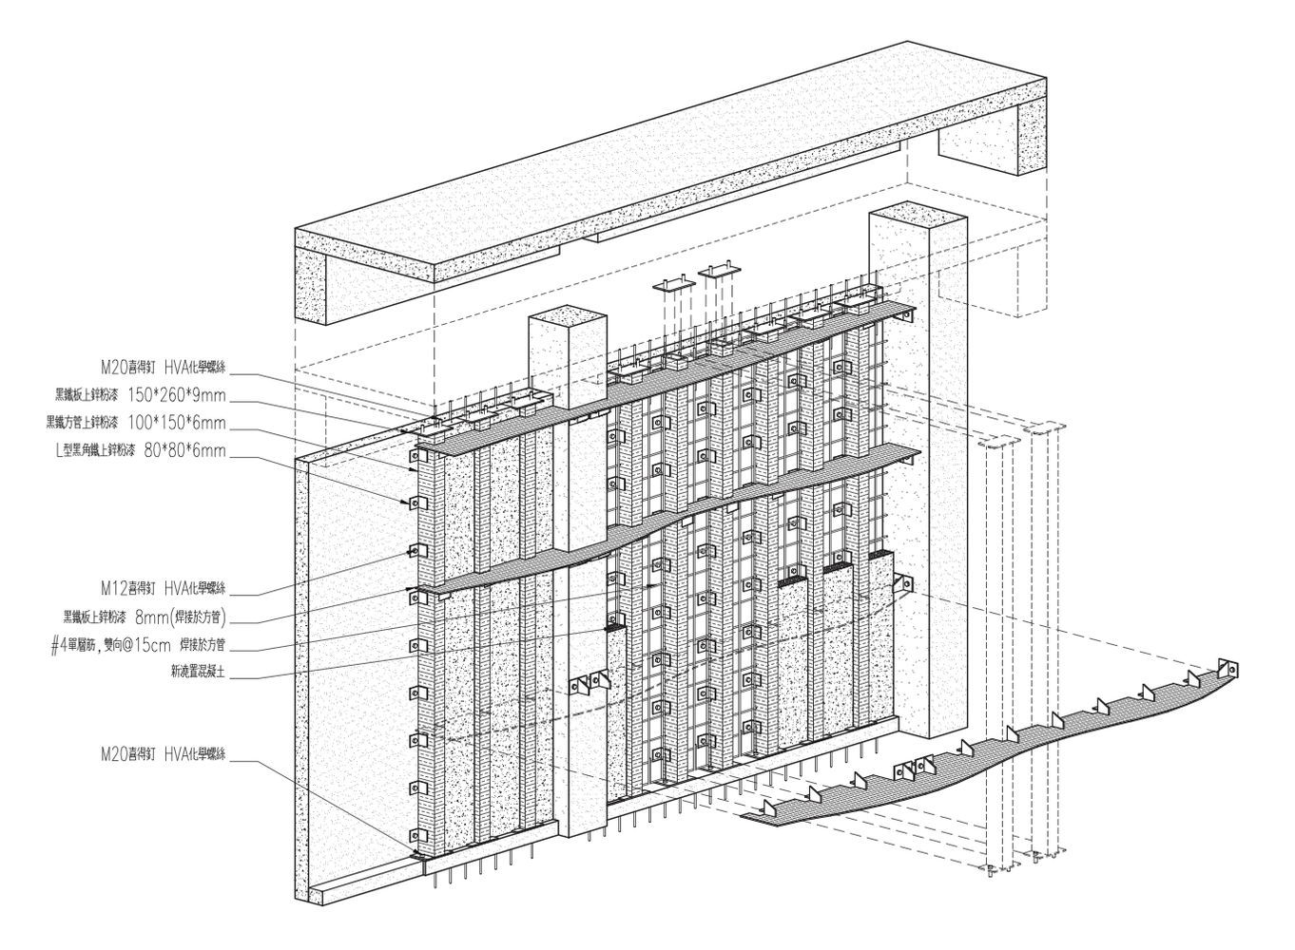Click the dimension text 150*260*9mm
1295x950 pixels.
[x=177, y=395]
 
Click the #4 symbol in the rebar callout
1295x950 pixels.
[x=57, y=644]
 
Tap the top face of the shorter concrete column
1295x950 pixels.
[x=567, y=318]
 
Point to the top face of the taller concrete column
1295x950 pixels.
[x=917, y=217]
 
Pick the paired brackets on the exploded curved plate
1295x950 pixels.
[x=918, y=767]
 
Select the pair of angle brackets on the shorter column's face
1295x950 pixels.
[x=588, y=681]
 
